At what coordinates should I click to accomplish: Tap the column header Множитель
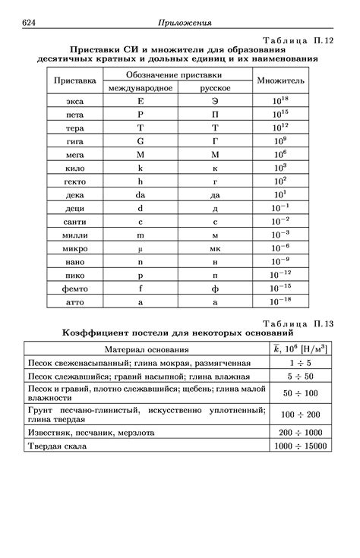(x=280, y=80)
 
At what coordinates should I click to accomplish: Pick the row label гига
(x=75, y=140)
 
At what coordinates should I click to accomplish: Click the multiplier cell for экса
(x=281, y=99)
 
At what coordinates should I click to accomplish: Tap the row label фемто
(x=75, y=288)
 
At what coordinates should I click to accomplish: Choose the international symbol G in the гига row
(x=141, y=140)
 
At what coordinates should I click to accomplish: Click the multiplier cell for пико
(x=281, y=275)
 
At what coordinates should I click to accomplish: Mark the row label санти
(x=75, y=221)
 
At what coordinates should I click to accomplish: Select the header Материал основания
(x=147, y=349)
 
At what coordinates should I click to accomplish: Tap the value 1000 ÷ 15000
(x=301, y=446)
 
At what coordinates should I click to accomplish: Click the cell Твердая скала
(x=56, y=446)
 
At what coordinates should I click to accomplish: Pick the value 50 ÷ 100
(x=301, y=392)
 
